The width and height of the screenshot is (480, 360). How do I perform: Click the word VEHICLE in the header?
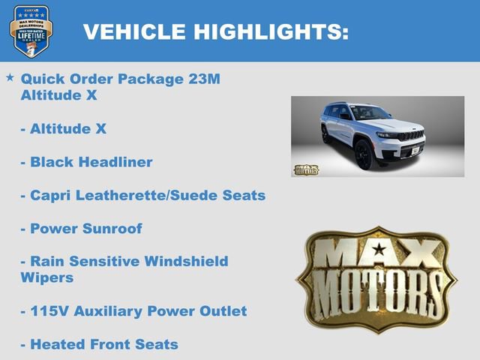point(134,31)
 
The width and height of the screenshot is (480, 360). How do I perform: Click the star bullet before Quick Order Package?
point(10,77)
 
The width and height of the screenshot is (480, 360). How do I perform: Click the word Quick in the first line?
point(41,79)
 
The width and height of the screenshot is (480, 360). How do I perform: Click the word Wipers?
point(46,277)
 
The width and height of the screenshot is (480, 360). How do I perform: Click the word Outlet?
point(222,310)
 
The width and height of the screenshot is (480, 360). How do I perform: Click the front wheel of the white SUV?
point(364,155)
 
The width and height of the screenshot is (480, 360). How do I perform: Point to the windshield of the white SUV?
point(370,113)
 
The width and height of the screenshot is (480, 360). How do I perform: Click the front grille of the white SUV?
point(410,136)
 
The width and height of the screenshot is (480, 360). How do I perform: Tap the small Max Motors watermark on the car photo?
point(306,169)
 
